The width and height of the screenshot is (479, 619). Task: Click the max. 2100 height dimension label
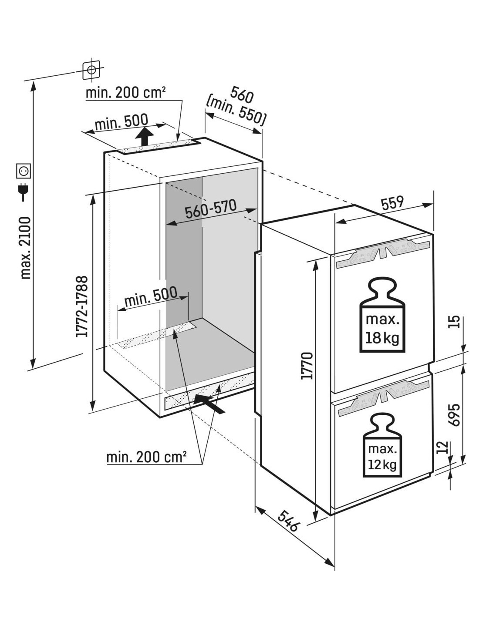[26, 248]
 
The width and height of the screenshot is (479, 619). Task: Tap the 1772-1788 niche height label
[82, 306]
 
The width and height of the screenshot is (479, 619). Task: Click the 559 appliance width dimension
[392, 202]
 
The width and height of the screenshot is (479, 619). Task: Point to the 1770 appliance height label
[307, 366]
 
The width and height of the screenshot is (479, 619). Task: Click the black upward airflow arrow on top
[145, 136]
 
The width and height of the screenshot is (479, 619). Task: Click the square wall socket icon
[24, 171]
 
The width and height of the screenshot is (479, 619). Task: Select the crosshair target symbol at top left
[91, 70]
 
